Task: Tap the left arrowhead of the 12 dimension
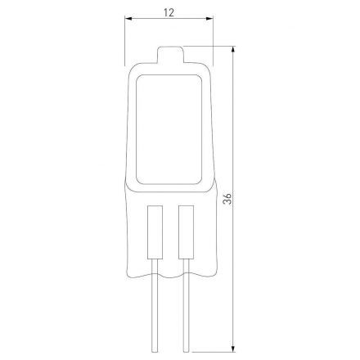click(128, 25)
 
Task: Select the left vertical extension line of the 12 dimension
click(126, 41)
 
